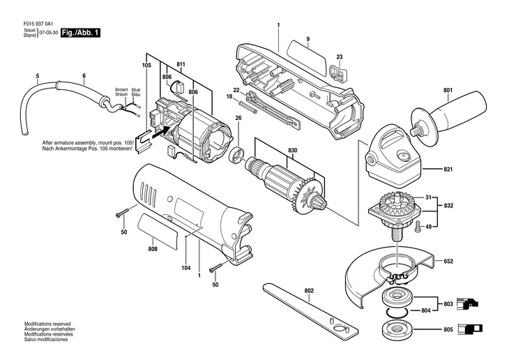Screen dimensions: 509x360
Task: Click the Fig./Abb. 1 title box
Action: point(80,33)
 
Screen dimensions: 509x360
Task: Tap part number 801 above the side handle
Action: point(448,90)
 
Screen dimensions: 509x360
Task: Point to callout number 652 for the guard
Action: point(448,261)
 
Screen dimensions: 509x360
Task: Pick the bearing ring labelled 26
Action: point(237,155)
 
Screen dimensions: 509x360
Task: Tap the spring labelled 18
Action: point(248,107)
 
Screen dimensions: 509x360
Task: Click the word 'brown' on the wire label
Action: point(121,89)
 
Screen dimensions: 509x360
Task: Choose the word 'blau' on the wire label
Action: point(136,94)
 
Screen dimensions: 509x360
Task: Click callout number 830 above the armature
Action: point(292,151)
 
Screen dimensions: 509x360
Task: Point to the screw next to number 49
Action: point(418,227)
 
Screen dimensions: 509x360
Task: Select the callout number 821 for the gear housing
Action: point(448,170)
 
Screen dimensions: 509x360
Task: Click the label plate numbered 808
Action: point(158,232)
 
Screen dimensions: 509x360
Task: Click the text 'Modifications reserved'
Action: point(47,324)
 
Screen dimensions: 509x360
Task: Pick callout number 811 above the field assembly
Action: point(181,65)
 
